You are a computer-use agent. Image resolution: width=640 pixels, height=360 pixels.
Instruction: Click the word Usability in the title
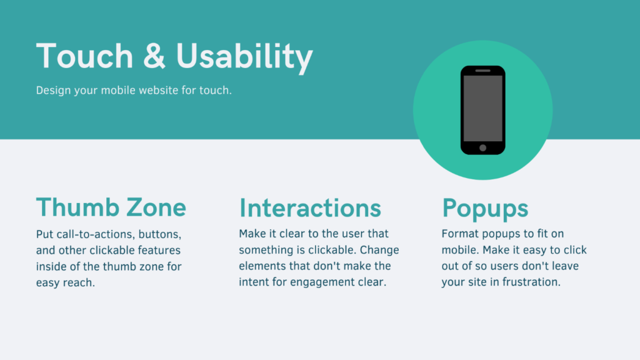pyautogui.click(x=244, y=57)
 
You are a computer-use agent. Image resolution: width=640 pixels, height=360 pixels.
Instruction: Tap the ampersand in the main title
pyautogui.click(x=154, y=56)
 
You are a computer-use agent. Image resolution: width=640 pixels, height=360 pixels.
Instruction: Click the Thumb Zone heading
pyautogui.click(x=111, y=207)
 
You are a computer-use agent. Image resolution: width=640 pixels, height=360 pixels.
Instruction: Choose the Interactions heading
pyautogui.click(x=310, y=207)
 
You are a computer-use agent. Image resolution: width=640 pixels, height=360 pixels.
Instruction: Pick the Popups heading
pyautogui.click(x=485, y=209)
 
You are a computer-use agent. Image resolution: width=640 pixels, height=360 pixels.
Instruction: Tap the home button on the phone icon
pyautogui.click(x=483, y=148)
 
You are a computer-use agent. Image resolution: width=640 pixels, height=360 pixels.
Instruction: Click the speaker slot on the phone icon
pyautogui.click(x=483, y=71)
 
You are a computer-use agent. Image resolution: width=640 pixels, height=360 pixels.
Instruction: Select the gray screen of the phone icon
pyautogui.click(x=483, y=108)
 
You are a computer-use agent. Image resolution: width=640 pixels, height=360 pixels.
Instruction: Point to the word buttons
pyautogui.click(x=160, y=234)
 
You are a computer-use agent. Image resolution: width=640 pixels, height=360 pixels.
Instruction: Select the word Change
pyautogui.click(x=379, y=250)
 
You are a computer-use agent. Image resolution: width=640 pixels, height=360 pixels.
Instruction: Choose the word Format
pyautogui.click(x=461, y=234)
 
